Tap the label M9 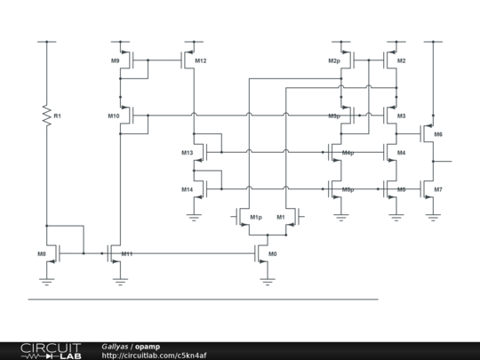[116, 60]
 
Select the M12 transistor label [201, 60]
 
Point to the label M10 [113, 116]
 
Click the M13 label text [187, 153]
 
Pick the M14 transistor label [187, 189]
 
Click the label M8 [42, 254]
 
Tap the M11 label [127, 254]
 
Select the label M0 [273, 254]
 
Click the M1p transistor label [256, 217]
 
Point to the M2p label [333, 60]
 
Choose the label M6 [438, 134]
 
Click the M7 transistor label [438, 189]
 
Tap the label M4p [348, 153]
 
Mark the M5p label [348, 189]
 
